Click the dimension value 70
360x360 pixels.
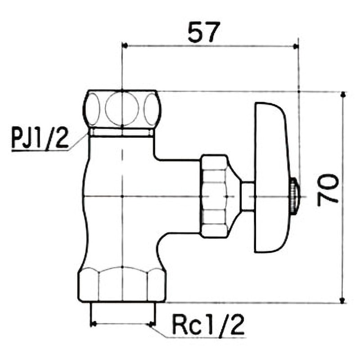(x=328, y=189)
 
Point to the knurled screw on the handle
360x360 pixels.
(x=294, y=196)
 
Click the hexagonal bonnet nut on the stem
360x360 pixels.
(x=215, y=196)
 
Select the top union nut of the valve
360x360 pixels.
(x=122, y=109)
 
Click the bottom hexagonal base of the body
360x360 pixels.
(x=122, y=284)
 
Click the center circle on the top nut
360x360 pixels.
(x=122, y=108)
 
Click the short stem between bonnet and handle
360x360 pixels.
(x=247, y=196)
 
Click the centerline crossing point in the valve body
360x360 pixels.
(x=122, y=197)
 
